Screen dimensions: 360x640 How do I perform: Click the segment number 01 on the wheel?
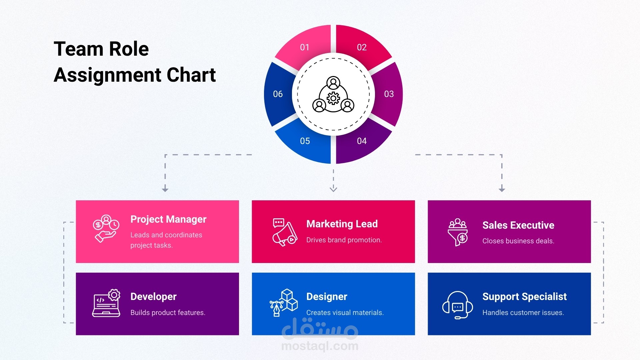click(305, 47)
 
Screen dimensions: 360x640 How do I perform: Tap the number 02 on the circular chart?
click(362, 47)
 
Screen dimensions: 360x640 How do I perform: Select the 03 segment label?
click(389, 94)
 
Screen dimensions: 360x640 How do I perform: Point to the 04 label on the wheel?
click(362, 141)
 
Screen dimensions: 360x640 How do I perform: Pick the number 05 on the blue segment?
click(305, 141)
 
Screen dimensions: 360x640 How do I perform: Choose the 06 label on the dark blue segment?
click(278, 94)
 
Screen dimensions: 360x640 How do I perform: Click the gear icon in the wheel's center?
click(333, 98)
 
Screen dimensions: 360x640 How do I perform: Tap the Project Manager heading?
click(168, 219)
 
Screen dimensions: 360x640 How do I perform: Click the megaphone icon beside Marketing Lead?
click(284, 232)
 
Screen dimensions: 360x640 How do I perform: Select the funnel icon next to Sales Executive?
click(458, 232)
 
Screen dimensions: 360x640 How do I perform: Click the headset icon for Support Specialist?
click(458, 305)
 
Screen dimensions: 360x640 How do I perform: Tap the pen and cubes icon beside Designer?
click(284, 303)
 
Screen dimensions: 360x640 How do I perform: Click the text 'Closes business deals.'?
click(518, 241)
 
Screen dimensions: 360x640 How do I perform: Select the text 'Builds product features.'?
click(168, 313)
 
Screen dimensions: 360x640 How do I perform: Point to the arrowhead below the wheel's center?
click(333, 189)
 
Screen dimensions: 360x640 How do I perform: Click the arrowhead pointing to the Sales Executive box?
click(502, 189)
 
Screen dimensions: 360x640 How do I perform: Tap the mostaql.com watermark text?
click(320, 346)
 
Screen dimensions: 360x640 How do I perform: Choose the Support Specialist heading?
click(524, 297)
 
